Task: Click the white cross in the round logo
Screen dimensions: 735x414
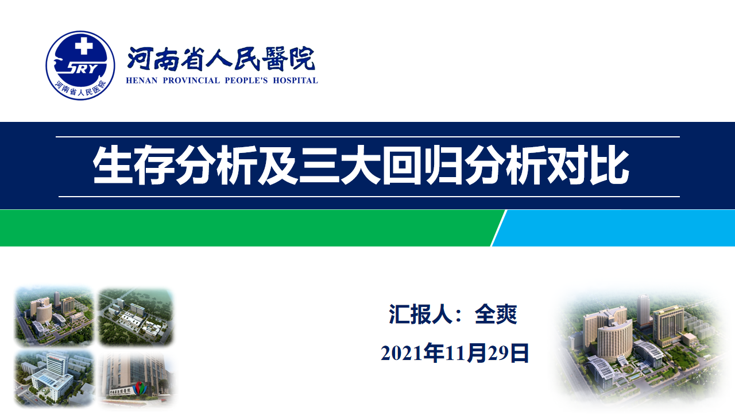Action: [x=84, y=45]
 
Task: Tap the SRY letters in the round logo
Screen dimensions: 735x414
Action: [x=82, y=68]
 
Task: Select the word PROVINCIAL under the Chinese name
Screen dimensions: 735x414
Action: [x=191, y=80]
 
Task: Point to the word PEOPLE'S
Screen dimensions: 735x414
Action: [x=246, y=80]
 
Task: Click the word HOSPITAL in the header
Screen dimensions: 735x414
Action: [x=295, y=80]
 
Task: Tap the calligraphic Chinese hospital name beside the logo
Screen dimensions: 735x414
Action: [x=222, y=59]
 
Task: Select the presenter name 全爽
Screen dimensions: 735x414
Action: [x=496, y=315]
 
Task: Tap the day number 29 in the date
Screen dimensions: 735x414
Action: [x=498, y=354]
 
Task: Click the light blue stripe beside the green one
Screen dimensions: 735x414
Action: [x=614, y=228]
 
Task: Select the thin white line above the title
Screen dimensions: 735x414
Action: [x=367, y=137]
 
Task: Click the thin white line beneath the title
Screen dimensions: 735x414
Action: [x=369, y=197]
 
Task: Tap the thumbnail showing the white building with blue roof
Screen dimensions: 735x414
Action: [x=55, y=378]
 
